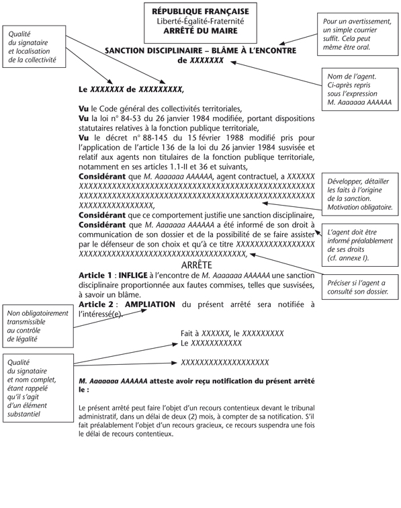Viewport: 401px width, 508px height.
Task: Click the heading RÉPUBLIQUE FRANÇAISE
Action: click(x=199, y=11)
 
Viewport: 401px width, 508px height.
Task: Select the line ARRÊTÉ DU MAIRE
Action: click(x=199, y=31)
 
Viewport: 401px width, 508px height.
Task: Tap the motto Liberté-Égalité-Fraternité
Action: click(x=199, y=22)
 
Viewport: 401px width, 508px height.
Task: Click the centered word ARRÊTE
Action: click(x=199, y=265)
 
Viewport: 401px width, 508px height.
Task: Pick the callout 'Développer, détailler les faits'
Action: click(x=358, y=195)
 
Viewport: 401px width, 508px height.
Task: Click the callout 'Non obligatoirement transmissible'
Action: click(x=34, y=327)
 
